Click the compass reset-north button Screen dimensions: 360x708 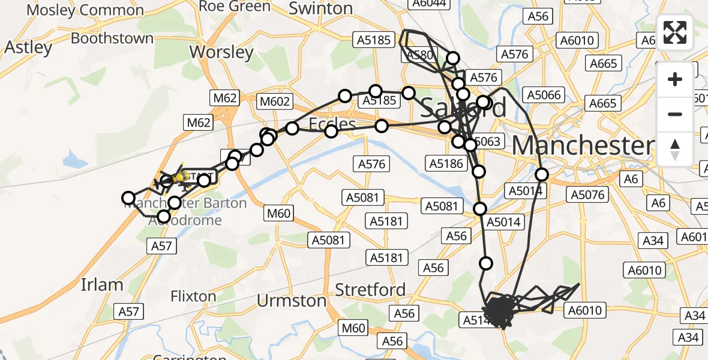(x=675, y=149)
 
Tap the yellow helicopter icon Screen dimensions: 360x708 (x=182, y=178)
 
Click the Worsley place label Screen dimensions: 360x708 (x=221, y=52)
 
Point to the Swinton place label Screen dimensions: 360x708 (x=320, y=8)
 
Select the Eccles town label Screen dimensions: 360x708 (x=332, y=124)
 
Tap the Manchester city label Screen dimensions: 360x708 (x=582, y=146)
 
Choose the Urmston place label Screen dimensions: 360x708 (x=292, y=300)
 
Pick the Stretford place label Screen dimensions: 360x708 (x=370, y=290)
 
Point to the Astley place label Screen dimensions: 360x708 (x=28, y=47)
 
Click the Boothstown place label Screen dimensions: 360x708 (x=112, y=38)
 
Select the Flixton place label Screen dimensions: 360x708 (x=193, y=296)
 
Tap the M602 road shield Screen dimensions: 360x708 (x=274, y=103)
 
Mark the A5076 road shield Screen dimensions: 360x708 (x=587, y=194)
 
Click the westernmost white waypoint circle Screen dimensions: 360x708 (x=128, y=198)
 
